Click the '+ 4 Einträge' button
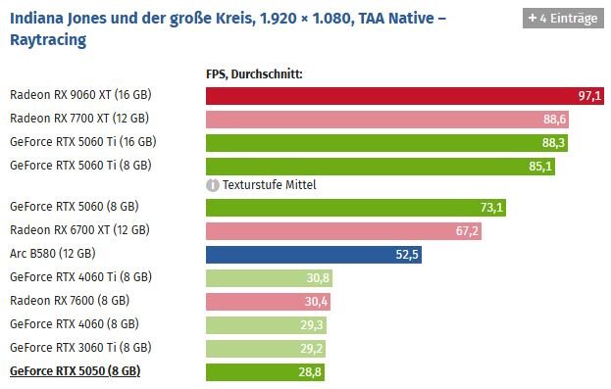(563, 18)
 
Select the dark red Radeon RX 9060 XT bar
(405, 96)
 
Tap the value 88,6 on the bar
(554, 120)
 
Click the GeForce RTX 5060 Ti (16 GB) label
(83, 142)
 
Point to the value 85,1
(540, 167)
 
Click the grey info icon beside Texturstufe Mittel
(213, 185)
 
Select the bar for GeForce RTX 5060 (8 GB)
(356, 208)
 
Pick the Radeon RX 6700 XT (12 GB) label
(79, 230)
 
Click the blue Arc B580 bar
(314, 255)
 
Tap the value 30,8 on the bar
(318, 278)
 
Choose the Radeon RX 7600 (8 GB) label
(70, 301)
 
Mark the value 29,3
(312, 325)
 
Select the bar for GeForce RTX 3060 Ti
(266, 349)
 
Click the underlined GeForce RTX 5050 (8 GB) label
(76, 371)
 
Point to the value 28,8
(310, 372)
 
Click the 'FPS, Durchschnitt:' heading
(254, 74)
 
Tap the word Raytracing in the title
(48, 40)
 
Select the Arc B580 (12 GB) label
(53, 254)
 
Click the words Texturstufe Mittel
(270, 185)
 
